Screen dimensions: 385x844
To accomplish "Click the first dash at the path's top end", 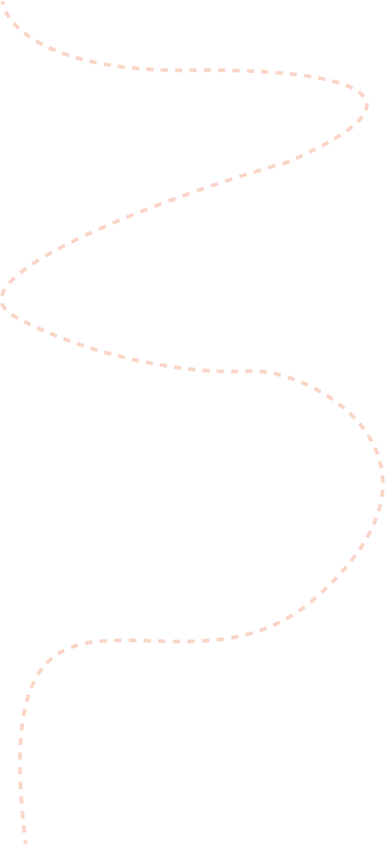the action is [x=2, y=3].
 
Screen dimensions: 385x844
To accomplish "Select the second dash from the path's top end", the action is [x=7, y=14].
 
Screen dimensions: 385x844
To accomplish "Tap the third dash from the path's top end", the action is [x=16, y=26].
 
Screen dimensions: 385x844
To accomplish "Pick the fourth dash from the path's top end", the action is [x=27, y=35].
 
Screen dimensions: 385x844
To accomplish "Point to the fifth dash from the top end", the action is [x=39, y=43].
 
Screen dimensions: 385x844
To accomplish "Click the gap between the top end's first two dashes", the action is [x=4, y=8].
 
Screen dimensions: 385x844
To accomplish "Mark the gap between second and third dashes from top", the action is [x=12, y=20].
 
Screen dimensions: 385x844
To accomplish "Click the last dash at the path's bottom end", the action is [x=25, y=842].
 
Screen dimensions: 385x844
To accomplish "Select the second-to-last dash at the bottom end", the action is [x=24, y=829].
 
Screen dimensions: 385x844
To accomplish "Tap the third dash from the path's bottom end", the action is [x=23, y=815].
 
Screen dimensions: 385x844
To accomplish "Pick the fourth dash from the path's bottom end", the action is [x=21, y=800].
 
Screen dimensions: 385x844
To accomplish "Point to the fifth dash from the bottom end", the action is [x=20, y=785].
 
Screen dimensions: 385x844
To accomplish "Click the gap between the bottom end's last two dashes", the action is [x=25, y=836].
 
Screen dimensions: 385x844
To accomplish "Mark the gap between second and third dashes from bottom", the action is [x=23, y=822].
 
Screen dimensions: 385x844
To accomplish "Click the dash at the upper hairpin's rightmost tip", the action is [x=366, y=105].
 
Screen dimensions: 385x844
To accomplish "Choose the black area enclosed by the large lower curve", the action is [x=276, y=503].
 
